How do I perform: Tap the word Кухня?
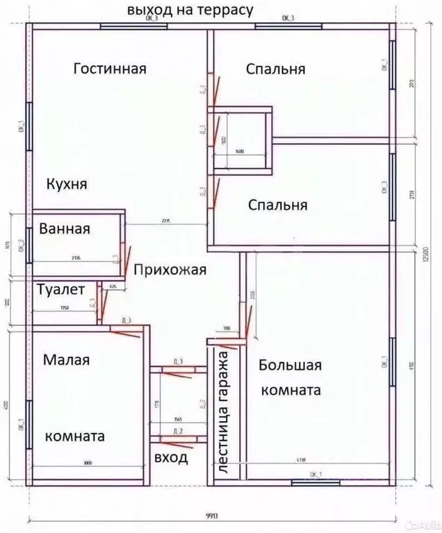tap(67, 184)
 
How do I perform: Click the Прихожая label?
tap(170, 270)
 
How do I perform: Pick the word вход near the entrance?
tap(170, 459)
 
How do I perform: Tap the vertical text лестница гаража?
tap(224, 418)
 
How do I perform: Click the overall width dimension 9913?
tap(212, 515)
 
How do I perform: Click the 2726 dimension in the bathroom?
tap(76, 258)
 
